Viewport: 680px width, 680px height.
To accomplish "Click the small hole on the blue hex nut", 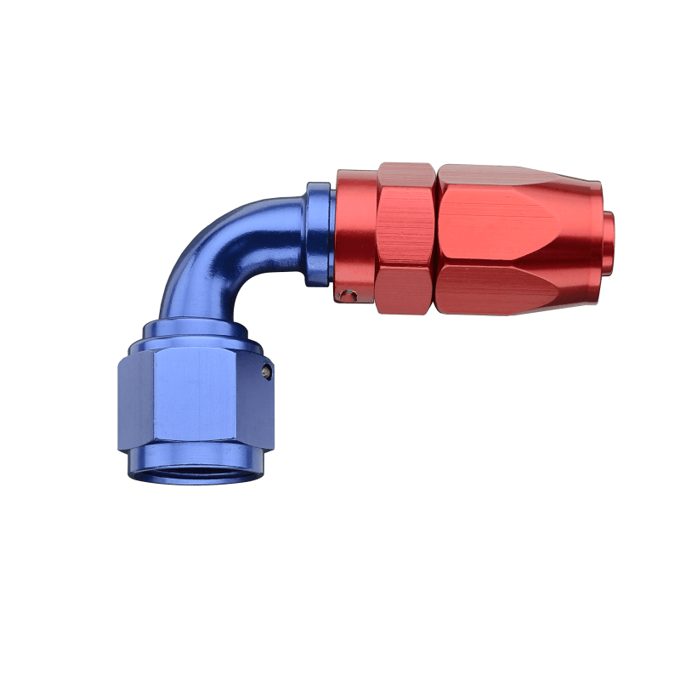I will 267,371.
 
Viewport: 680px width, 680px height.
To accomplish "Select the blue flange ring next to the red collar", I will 318,234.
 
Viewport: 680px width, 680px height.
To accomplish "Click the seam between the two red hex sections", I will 436,238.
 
